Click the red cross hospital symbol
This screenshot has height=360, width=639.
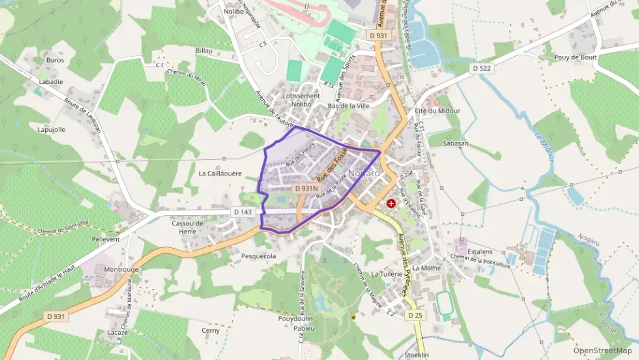tap(391, 204)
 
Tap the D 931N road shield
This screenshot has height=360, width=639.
tap(307, 188)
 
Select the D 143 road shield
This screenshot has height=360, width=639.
tap(242, 212)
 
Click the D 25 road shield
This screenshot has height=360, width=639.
tap(415, 315)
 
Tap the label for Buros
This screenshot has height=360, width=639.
tap(55, 60)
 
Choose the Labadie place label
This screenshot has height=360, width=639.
tap(51, 81)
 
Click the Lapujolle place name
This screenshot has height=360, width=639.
tap(51, 129)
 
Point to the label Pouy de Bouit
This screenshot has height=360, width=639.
tap(576, 57)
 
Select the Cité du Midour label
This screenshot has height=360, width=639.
tap(437, 111)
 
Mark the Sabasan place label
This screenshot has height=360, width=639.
tap(455, 143)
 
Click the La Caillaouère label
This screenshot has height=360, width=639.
tap(220, 174)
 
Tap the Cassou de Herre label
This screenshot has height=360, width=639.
tap(188, 227)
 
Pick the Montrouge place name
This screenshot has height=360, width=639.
tap(122, 269)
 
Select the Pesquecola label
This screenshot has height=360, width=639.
tap(259, 256)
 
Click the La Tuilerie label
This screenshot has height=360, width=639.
tap(387, 273)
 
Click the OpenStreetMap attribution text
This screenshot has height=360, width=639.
tap(602, 350)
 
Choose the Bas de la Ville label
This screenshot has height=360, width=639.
tap(348, 106)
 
